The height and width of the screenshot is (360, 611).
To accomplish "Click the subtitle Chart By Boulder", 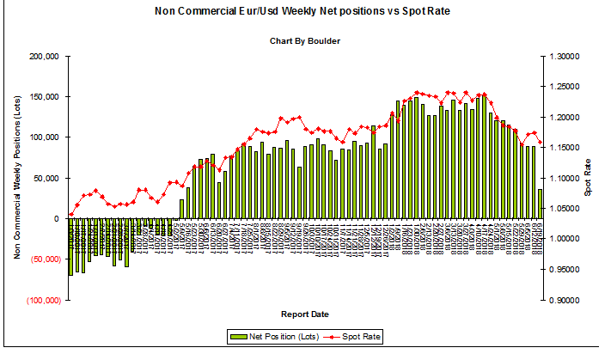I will pos(302,40).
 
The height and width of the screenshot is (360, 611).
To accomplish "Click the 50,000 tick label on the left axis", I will pos(44,178).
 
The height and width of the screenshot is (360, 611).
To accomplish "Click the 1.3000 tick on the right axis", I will pos(562,57).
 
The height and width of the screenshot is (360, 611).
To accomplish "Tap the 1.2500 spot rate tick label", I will pos(562,87).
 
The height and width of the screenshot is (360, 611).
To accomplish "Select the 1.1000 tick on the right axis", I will pos(562,179).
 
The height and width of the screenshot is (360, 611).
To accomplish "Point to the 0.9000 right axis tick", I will pos(562,301).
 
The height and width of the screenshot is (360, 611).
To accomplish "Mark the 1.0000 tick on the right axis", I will pos(562,240).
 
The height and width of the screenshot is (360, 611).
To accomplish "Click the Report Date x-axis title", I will pos(302,314).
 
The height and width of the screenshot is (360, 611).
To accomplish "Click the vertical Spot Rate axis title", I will pos(588,178).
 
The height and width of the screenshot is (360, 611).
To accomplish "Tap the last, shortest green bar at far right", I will pos(540,204).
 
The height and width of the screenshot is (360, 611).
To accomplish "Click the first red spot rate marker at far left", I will pos(70,215).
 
